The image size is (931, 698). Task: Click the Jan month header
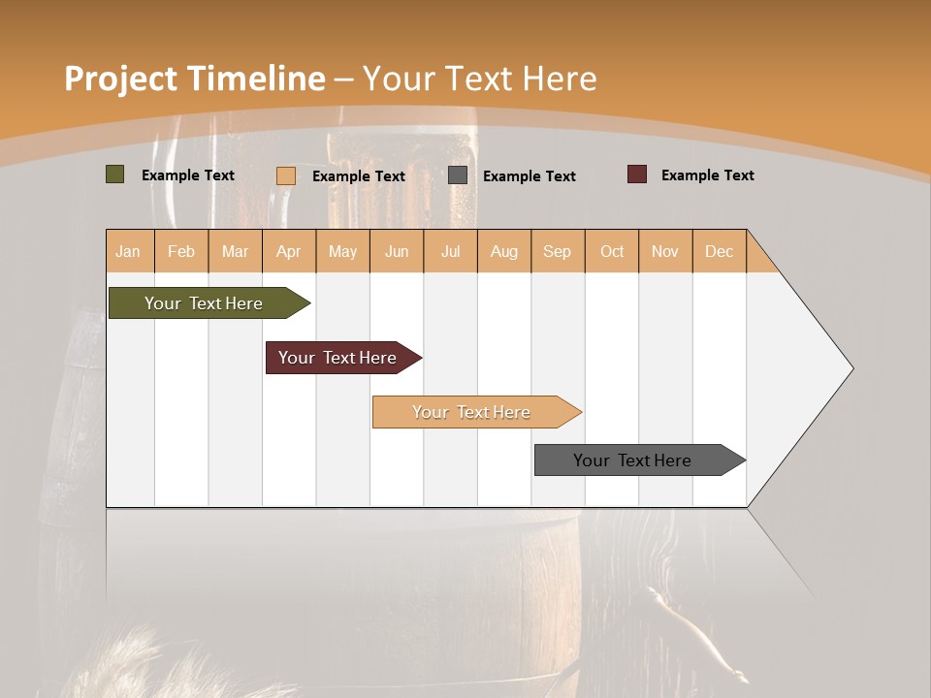pyautogui.click(x=128, y=251)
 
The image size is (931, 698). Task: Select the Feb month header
pyautogui.click(x=181, y=251)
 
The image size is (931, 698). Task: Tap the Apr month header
pyautogui.click(x=288, y=251)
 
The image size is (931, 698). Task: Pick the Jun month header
pyautogui.click(x=397, y=251)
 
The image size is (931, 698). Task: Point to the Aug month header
pyautogui.click(x=503, y=251)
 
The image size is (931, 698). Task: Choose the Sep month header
pyautogui.click(x=557, y=251)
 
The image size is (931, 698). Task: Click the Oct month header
pyautogui.click(x=612, y=251)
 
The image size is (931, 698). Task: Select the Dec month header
pyautogui.click(x=719, y=251)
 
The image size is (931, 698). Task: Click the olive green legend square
pyautogui.click(x=114, y=174)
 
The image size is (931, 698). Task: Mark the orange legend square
pyautogui.click(x=286, y=175)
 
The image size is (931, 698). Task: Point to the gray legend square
pyautogui.click(x=458, y=175)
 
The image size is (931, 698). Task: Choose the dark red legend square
pyautogui.click(x=637, y=174)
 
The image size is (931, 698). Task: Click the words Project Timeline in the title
pyautogui.click(x=194, y=79)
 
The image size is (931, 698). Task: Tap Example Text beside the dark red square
pyautogui.click(x=707, y=175)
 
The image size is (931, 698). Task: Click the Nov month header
pyautogui.click(x=665, y=251)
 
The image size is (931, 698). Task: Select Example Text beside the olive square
pyautogui.click(x=188, y=175)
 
